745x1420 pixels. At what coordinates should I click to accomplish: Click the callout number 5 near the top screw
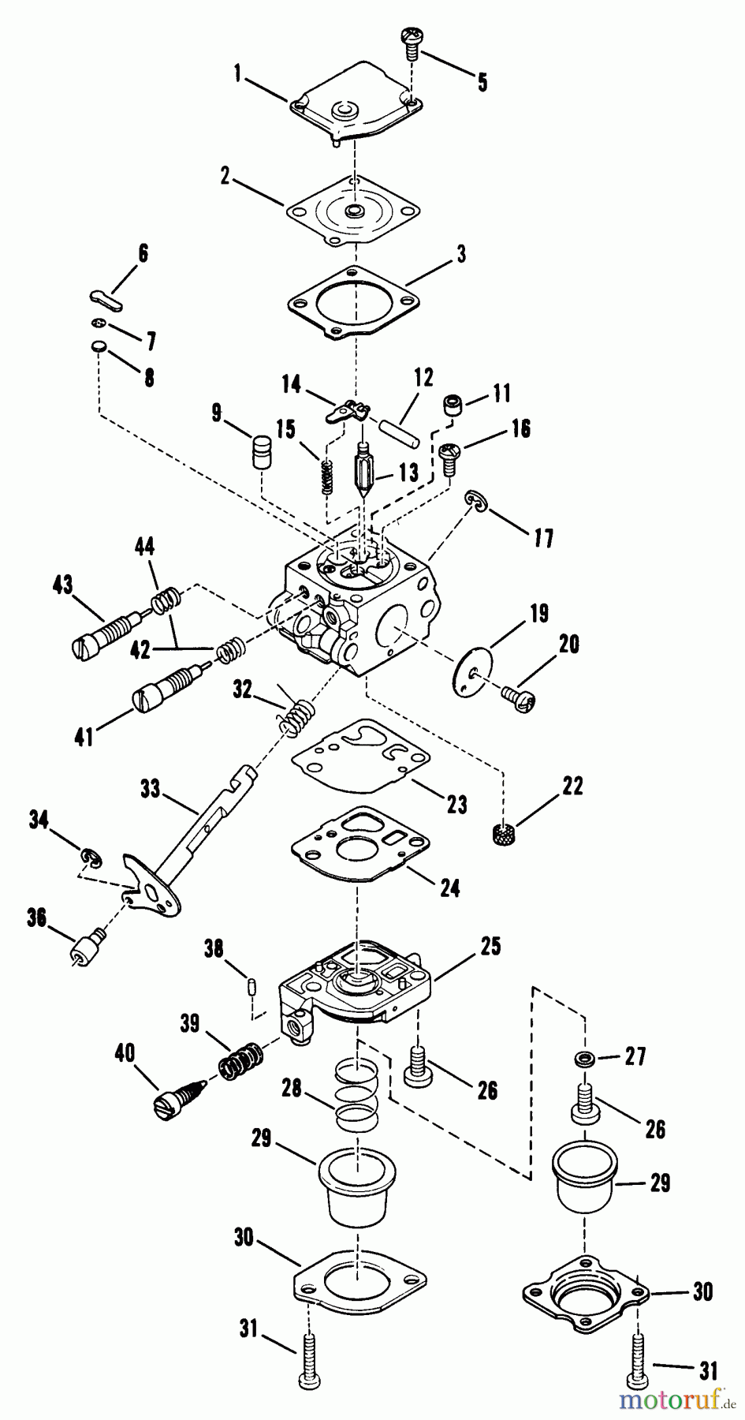[481, 80]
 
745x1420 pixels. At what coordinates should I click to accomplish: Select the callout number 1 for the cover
[237, 74]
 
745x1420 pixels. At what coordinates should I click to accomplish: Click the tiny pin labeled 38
[251, 984]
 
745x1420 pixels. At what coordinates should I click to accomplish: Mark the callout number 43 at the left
[62, 585]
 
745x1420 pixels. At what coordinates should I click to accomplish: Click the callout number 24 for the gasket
[449, 887]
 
